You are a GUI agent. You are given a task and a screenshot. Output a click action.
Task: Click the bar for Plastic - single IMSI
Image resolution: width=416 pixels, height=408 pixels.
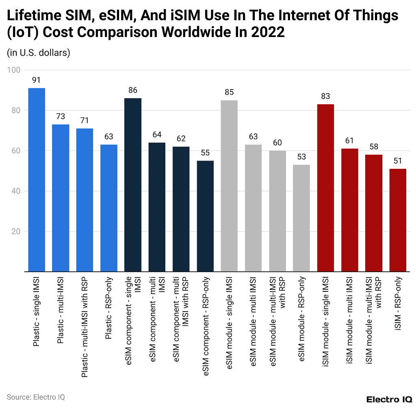(x=36, y=179)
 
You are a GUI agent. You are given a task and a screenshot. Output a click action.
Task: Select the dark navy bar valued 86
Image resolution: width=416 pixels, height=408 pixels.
(x=133, y=185)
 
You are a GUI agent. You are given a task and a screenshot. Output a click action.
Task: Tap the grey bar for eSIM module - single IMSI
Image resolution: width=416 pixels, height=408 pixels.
(x=229, y=185)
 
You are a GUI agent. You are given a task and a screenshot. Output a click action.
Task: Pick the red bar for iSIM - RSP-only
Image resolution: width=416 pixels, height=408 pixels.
(x=398, y=220)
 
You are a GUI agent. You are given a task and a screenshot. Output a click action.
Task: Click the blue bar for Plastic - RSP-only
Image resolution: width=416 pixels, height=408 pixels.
(x=109, y=208)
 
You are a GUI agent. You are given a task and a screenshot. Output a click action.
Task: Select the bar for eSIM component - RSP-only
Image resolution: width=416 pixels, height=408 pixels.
(x=205, y=216)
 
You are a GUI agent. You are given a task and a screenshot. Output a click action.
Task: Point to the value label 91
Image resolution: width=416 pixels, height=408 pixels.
(x=36, y=80)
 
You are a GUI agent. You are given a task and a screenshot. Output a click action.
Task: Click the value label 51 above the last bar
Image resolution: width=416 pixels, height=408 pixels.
(x=398, y=161)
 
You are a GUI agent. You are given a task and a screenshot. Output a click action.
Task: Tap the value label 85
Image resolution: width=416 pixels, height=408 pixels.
(x=229, y=92)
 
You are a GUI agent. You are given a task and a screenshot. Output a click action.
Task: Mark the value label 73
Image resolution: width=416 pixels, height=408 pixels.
(x=61, y=116)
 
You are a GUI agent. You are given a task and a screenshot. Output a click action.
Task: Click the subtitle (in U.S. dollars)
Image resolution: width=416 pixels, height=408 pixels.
(x=39, y=53)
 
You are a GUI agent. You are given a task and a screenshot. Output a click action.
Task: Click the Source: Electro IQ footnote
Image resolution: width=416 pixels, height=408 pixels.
(x=35, y=397)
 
